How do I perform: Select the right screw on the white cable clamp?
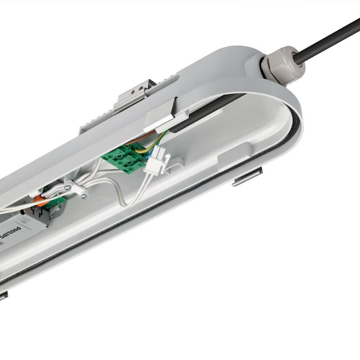pos(84,195)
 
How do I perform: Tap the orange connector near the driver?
pos(41,201)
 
